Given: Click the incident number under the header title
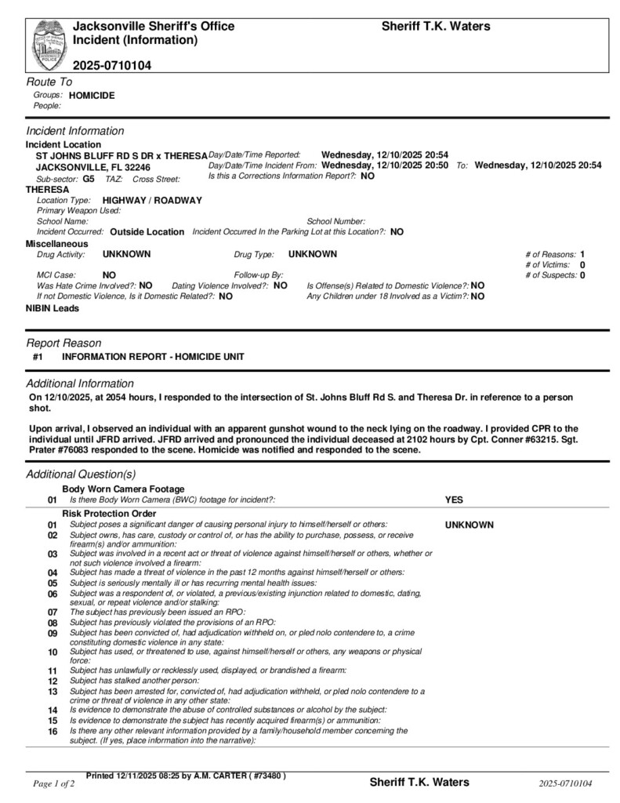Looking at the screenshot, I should [x=112, y=65].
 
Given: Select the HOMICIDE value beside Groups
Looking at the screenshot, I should [x=92, y=95].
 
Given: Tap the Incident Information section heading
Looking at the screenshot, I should [x=75, y=131].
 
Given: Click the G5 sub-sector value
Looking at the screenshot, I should [x=89, y=179].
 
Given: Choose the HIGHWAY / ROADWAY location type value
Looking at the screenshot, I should [x=152, y=200].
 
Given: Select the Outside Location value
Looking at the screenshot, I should [x=147, y=232].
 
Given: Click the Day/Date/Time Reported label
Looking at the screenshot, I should [x=255, y=155].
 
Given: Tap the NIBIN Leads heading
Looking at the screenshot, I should [x=53, y=309].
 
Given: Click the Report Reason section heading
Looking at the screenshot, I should [x=63, y=343].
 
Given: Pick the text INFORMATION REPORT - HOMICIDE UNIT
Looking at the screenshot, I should [x=153, y=357].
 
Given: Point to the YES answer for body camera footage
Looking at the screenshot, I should [x=454, y=500].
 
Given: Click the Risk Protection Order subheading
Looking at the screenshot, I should [x=109, y=514].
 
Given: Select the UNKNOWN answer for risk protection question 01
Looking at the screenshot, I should [x=470, y=525].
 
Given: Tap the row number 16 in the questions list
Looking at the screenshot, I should [x=53, y=732].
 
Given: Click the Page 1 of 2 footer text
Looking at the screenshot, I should [x=54, y=783].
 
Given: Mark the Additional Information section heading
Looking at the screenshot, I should [x=80, y=383].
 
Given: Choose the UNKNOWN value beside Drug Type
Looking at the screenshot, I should [x=313, y=254].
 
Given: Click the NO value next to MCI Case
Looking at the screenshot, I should [x=109, y=275].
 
